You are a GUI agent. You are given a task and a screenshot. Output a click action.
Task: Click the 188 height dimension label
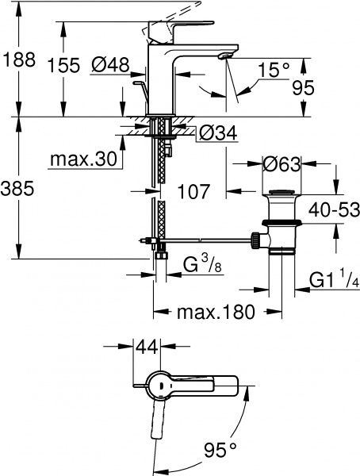pyautogui.click(x=19, y=60)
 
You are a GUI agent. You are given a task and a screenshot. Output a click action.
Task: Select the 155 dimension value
pyautogui.click(x=63, y=66)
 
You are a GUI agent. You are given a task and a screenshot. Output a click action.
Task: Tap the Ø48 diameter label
pyautogui.click(x=109, y=67)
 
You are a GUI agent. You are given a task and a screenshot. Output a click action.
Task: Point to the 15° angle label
pyautogui.click(x=274, y=71)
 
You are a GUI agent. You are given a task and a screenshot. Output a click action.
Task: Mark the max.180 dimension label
pyautogui.click(x=215, y=312)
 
